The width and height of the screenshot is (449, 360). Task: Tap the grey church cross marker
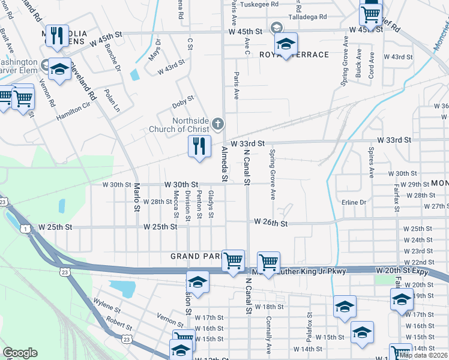tap(218, 125)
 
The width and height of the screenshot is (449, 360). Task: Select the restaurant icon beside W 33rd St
tap(199, 146)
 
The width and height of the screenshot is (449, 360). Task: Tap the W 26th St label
tap(271, 222)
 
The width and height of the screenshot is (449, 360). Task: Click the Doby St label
tap(183, 99)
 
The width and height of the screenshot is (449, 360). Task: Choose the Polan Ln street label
tap(112, 101)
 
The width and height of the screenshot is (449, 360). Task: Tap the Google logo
tap(20, 353)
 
